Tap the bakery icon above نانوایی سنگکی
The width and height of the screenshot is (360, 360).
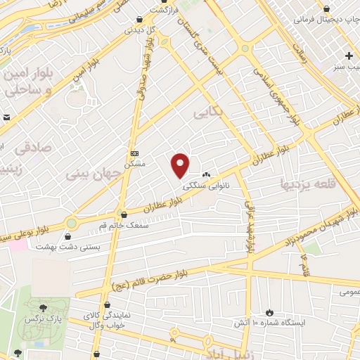(x=206, y=175)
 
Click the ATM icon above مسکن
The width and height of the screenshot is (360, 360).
(x=135, y=153)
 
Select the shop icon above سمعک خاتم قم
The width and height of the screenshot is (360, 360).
(x=124, y=214)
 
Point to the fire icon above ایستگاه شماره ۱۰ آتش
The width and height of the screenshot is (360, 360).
(x=269, y=312)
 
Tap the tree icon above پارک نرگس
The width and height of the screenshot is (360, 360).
(x=44, y=307)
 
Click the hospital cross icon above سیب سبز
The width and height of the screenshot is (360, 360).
(x=349, y=56)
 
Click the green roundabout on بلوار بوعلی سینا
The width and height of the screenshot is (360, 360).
(x=71, y=223)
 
